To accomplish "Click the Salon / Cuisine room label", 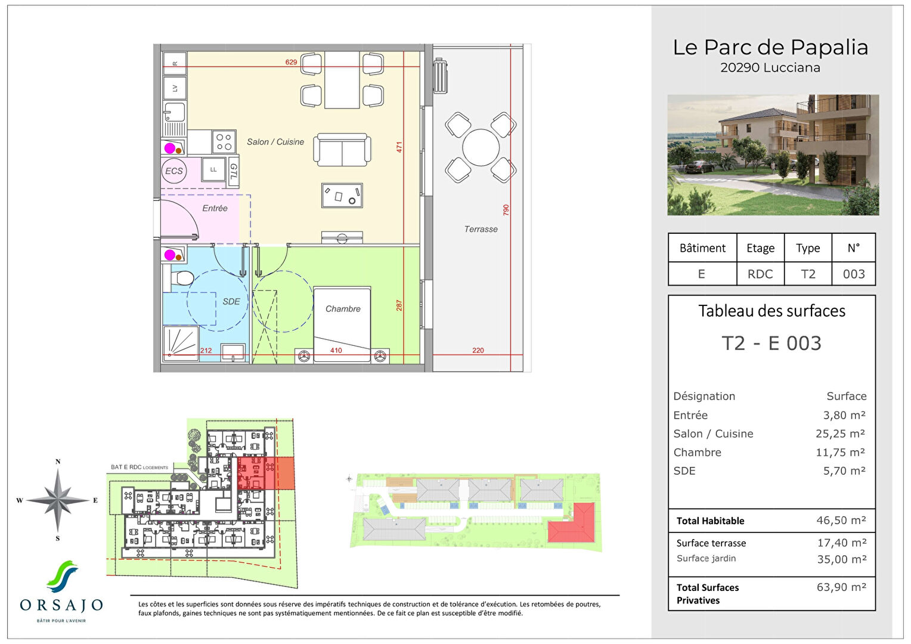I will (x=275, y=142).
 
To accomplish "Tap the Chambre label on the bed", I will (x=343, y=309).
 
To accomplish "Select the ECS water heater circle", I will (x=174, y=171).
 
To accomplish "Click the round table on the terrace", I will (x=481, y=147).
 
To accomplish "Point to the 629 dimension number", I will (x=291, y=62).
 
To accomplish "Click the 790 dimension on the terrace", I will (x=506, y=210).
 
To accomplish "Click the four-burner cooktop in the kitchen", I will (x=224, y=142).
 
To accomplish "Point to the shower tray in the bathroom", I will (x=181, y=343).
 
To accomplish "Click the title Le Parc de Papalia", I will (x=770, y=47).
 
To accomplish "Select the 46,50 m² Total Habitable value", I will (x=841, y=521).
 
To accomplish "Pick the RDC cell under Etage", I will (x=760, y=274).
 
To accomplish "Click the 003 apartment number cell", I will (x=853, y=274).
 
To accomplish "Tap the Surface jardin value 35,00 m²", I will (x=841, y=559).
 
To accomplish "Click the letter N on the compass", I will (x=58, y=462).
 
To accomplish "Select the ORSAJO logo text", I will (x=61, y=606).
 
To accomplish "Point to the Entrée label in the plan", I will (x=215, y=208).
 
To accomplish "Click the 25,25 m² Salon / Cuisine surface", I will (x=840, y=434).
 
